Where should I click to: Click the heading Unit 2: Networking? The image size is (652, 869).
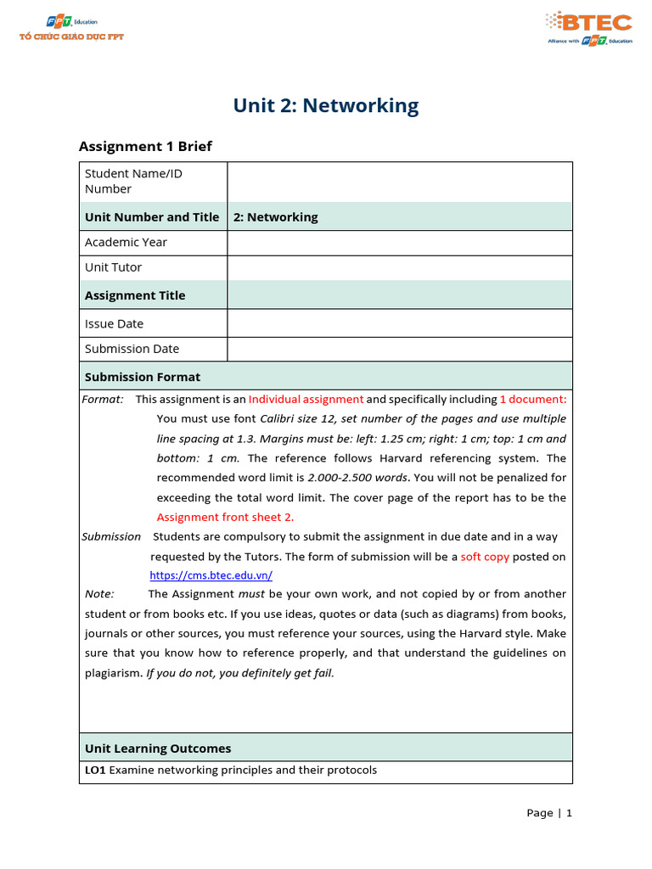click(x=326, y=106)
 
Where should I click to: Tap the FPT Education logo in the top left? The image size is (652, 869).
click(x=71, y=29)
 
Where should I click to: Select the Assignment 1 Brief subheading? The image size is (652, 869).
click(x=145, y=147)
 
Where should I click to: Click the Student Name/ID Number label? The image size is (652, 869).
click(x=133, y=181)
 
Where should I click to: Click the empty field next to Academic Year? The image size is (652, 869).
click(x=399, y=243)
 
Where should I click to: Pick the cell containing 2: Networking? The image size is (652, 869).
click(x=275, y=217)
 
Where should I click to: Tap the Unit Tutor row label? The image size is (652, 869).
click(x=113, y=267)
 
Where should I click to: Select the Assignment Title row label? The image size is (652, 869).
click(x=134, y=295)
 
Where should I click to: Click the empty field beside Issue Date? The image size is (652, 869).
click(x=399, y=323)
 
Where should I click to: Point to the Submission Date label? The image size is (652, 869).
click(x=132, y=349)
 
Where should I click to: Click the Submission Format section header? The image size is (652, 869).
click(x=143, y=377)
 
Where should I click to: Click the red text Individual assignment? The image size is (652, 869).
click(x=306, y=399)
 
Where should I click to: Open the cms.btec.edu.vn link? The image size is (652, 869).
click(x=211, y=575)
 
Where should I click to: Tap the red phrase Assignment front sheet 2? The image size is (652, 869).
click(x=225, y=517)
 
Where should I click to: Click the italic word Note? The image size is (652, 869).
click(x=99, y=594)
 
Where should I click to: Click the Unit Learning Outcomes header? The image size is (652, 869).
click(x=157, y=748)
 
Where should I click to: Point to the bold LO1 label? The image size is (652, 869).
click(x=95, y=771)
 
